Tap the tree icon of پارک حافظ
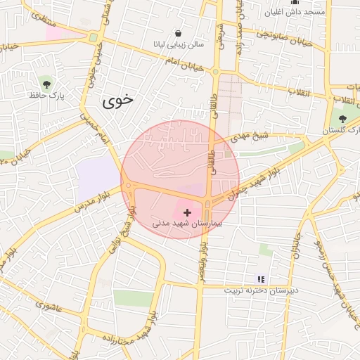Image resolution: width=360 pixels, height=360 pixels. [46, 82]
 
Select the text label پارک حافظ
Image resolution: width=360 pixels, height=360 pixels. [47, 94]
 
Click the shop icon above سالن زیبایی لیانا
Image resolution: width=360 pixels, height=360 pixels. [179, 33]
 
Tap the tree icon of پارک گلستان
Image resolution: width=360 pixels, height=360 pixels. [342, 119]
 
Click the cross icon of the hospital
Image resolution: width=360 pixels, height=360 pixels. [187, 212]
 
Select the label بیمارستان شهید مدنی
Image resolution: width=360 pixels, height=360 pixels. [187, 224]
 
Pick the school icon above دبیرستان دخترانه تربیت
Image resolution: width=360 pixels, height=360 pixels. [262, 279]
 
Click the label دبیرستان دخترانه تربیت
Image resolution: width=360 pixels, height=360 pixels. [262, 290]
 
